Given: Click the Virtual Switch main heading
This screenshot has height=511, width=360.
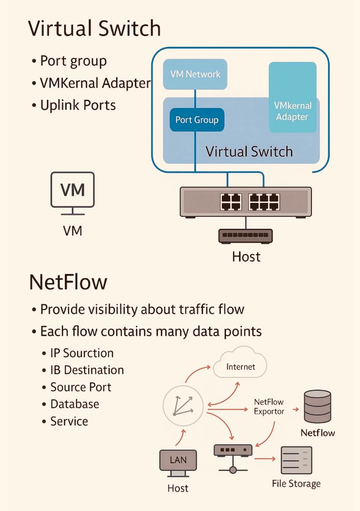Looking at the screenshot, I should (94, 28).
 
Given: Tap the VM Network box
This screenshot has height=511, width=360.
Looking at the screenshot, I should (195, 74).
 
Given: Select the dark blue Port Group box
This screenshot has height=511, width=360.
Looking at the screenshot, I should (197, 120).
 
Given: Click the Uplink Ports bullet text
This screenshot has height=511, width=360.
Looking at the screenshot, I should (78, 105).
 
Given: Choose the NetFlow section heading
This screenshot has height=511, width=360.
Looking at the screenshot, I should (68, 282).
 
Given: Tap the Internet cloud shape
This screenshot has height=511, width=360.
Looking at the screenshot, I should (240, 365).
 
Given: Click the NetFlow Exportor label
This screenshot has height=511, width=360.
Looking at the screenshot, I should (269, 407).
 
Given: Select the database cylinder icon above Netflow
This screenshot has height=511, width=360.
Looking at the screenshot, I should (317, 406).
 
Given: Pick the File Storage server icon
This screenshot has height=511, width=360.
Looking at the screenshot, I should (296, 460).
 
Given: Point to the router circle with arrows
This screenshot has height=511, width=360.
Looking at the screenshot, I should (183, 406).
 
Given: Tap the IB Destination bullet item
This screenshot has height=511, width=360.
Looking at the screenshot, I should (87, 370).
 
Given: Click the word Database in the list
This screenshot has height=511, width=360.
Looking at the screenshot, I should (75, 404).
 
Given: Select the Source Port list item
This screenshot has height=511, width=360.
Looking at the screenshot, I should (81, 387).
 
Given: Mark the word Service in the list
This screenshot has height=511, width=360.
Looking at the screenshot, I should (69, 422).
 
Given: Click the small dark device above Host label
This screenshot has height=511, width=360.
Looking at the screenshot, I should (245, 235).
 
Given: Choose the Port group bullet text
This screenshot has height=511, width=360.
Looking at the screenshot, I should (73, 61).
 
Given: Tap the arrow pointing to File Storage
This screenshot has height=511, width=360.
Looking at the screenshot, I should (265, 458).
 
